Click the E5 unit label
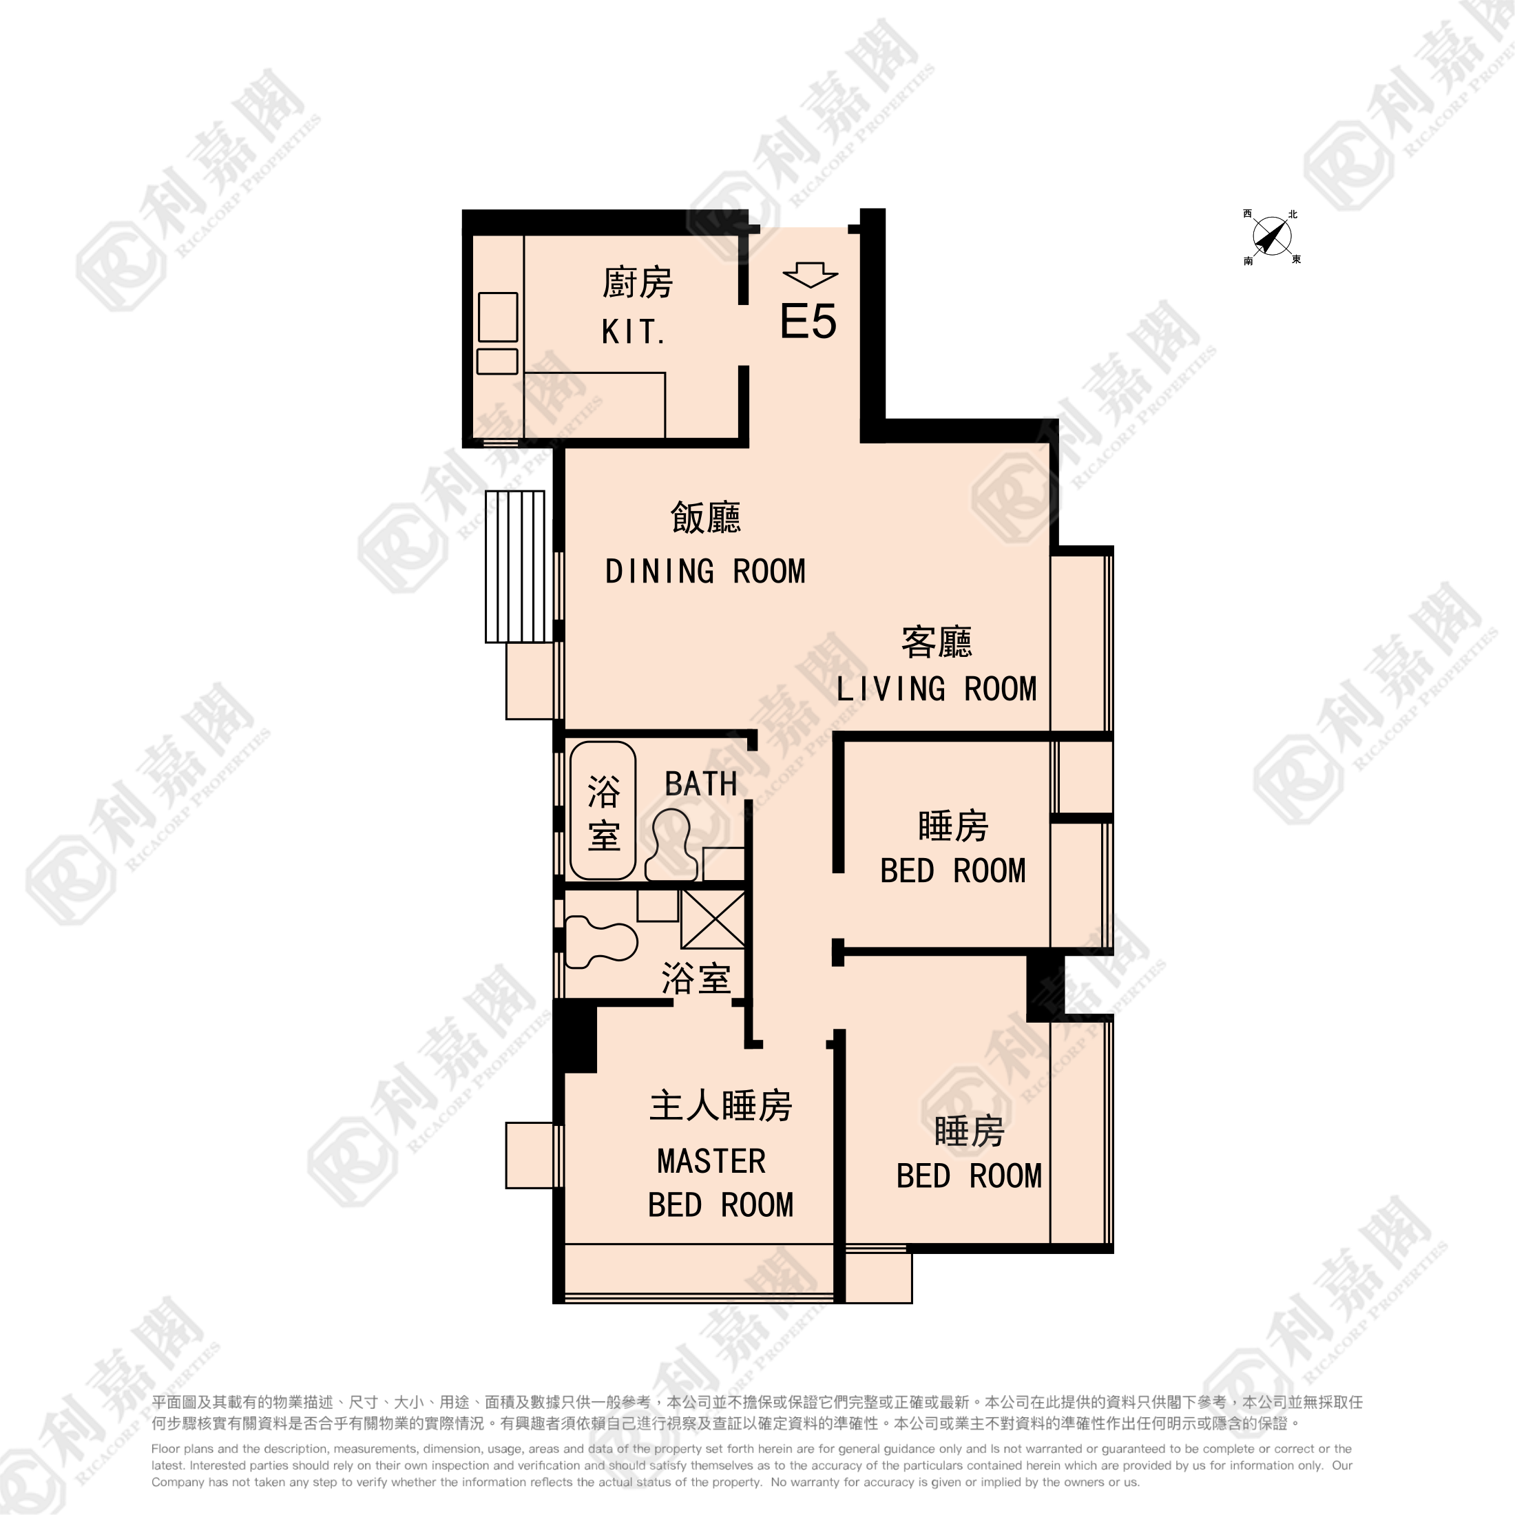(x=808, y=322)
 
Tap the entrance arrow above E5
(x=810, y=275)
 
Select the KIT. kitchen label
(x=634, y=333)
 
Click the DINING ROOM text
(x=705, y=572)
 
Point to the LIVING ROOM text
(x=937, y=689)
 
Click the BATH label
(x=701, y=784)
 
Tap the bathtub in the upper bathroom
(x=603, y=810)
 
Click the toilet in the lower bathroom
(x=600, y=943)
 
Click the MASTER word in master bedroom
(x=711, y=1161)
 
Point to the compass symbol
(x=1271, y=237)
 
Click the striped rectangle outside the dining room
(x=514, y=566)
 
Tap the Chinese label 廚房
(x=638, y=283)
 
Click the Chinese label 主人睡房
(x=720, y=1106)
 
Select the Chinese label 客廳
(x=937, y=642)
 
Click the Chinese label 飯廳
(x=706, y=518)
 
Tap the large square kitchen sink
(x=498, y=317)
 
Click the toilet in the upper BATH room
(x=671, y=844)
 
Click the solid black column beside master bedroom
(x=575, y=1039)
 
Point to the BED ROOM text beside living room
(x=953, y=871)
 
